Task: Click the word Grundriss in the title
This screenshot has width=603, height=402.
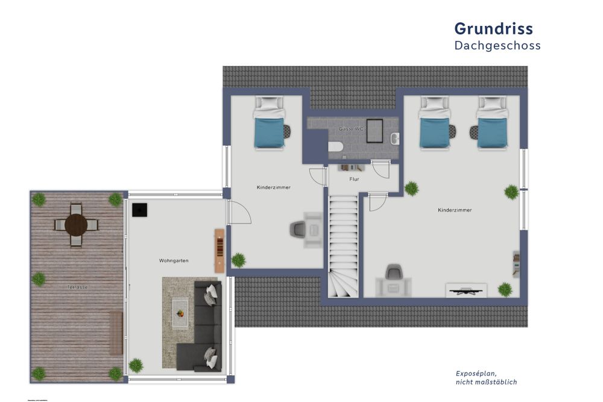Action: point(493,28)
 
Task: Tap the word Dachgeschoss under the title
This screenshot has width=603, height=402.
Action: point(497,46)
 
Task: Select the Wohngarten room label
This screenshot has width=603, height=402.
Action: point(174,260)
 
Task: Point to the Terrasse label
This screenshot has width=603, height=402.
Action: point(77,287)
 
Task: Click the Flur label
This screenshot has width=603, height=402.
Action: point(355,180)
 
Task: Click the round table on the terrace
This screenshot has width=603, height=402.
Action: point(77,225)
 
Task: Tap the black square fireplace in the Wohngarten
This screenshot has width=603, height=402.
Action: point(140,210)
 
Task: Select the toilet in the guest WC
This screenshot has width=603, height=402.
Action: point(335,146)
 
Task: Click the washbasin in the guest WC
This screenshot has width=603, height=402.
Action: point(394,139)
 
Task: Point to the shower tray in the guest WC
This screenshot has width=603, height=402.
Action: point(376,130)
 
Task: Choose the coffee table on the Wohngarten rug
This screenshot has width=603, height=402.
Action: point(181,313)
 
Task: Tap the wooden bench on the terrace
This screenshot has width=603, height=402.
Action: point(115,333)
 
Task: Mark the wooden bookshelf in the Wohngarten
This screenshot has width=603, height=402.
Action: point(219,250)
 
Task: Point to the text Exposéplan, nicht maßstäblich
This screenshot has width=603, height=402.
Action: point(486,378)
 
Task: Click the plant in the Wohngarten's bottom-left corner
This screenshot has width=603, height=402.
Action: point(136,365)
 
